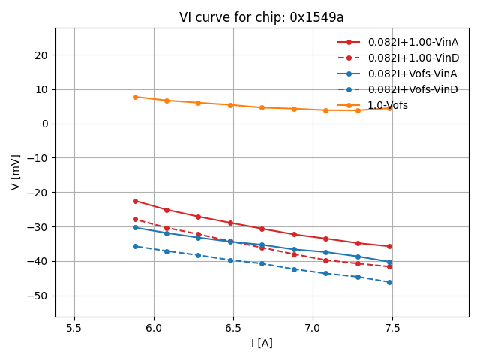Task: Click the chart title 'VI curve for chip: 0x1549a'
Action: tap(262, 17)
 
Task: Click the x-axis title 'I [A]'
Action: tap(262, 343)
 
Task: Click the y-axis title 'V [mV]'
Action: tap(16, 172)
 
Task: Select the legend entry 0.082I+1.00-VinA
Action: tap(413, 43)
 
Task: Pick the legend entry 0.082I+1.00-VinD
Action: tap(413, 58)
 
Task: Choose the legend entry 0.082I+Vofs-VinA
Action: tap(412, 74)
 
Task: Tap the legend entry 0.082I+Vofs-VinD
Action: tap(412, 90)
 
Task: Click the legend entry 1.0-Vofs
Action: tap(388, 106)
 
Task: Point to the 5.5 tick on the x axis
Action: tap(74, 328)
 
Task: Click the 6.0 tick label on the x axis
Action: tap(154, 328)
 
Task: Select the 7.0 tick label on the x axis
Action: tap(313, 328)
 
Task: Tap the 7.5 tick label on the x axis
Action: tap(392, 328)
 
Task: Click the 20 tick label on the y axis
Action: tap(41, 55)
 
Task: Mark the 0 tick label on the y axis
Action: tap(44, 124)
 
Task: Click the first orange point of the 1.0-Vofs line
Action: tap(135, 97)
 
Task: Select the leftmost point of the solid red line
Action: tap(135, 201)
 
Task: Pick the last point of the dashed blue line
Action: tap(389, 282)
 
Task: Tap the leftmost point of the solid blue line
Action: tap(135, 227)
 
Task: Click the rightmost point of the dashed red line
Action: tap(389, 266)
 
